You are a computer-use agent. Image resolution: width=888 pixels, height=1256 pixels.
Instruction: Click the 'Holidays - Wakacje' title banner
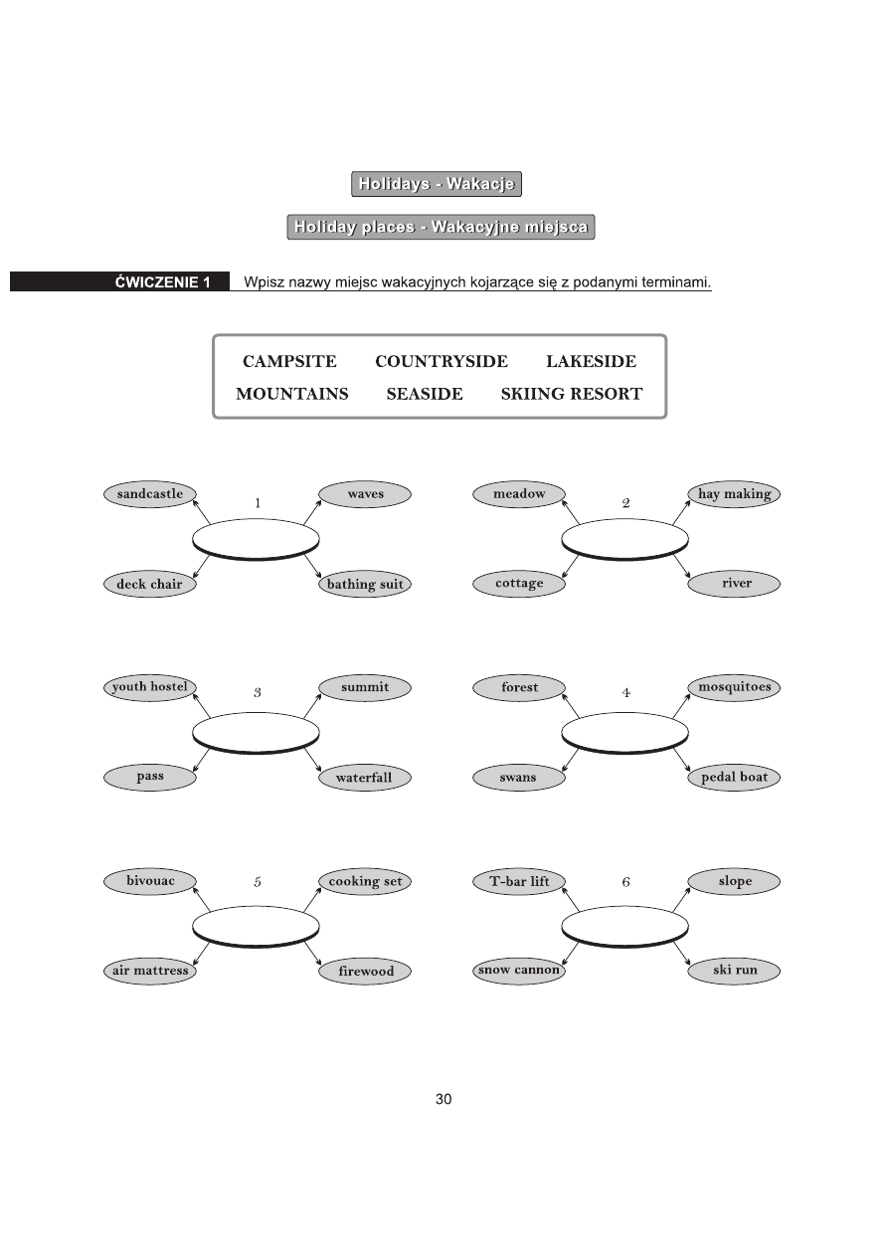point(437,184)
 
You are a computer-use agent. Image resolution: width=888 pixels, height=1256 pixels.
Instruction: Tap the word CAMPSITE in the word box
point(289,362)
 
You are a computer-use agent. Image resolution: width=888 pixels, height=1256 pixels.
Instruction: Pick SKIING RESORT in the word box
point(571,394)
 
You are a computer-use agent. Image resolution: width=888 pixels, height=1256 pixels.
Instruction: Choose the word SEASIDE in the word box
point(425,394)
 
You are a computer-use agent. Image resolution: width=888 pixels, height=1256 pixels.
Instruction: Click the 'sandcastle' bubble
point(149,494)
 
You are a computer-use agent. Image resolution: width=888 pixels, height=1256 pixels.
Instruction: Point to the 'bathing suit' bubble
point(365,584)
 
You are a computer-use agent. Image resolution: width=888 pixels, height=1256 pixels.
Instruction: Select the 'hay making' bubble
point(734,494)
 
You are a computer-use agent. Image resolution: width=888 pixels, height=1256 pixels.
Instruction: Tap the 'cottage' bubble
point(519,584)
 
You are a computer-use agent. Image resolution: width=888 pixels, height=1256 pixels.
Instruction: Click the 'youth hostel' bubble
point(149,687)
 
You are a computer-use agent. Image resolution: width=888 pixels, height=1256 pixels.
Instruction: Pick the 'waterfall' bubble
point(365,778)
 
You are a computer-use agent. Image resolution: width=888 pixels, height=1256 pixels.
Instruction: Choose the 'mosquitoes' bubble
point(734,687)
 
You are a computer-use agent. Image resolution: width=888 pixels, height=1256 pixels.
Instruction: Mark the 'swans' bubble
point(519,778)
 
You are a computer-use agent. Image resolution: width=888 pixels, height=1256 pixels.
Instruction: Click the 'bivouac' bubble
point(149,881)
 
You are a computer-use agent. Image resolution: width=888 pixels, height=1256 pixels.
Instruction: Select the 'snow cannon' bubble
point(519,971)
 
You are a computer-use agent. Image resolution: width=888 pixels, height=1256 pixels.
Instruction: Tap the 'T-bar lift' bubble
point(519,881)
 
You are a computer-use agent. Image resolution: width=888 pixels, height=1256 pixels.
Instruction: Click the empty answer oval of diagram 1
point(256,538)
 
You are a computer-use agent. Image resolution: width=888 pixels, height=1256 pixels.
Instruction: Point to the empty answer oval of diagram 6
point(625,926)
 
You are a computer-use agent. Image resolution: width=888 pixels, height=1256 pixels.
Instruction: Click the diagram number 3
point(257,692)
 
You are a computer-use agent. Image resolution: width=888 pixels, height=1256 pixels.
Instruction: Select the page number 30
point(444,1099)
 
